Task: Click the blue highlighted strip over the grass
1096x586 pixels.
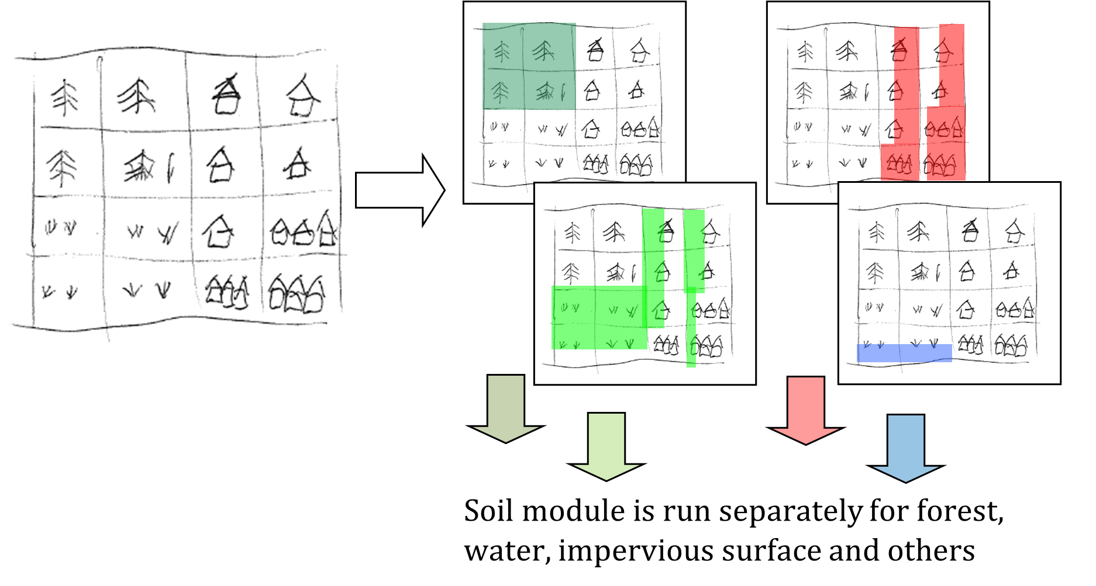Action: point(904,353)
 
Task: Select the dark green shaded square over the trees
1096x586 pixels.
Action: point(529,66)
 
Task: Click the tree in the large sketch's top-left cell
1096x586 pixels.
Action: point(64,98)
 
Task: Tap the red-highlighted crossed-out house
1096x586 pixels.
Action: point(899,50)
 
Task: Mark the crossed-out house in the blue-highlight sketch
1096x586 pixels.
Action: point(970,231)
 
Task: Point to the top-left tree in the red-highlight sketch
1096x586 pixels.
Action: point(806,52)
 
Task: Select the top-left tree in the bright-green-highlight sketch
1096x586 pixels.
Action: point(573,233)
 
